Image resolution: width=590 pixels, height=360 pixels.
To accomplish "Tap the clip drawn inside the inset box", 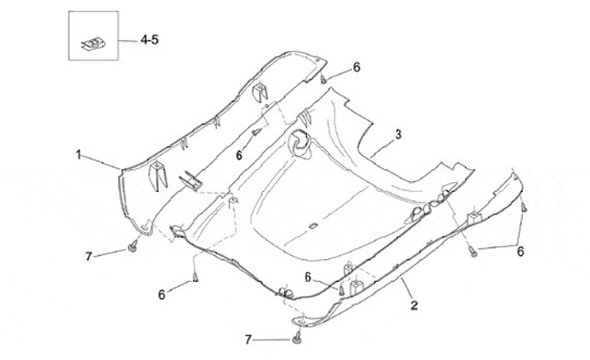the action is point(92,40).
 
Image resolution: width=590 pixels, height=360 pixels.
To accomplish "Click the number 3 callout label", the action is point(397,134).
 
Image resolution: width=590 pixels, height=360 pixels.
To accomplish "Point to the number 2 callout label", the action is point(414,305).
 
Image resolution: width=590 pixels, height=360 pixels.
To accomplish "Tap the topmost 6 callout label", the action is point(356,66).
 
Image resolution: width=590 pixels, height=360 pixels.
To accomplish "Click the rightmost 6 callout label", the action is point(520,252).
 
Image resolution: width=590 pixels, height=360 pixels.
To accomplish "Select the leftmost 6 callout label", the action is point(161,293).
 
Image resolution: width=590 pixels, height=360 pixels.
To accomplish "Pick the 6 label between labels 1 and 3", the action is point(238,154).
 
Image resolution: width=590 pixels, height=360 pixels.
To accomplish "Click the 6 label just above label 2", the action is point(308,276).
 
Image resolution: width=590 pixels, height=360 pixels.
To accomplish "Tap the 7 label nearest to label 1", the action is point(88,257).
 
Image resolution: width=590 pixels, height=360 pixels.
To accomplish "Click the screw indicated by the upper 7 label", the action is point(132,247).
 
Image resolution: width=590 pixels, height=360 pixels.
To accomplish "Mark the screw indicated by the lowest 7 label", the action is point(296,338).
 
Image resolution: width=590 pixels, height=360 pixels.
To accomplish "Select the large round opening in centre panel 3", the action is point(300,144).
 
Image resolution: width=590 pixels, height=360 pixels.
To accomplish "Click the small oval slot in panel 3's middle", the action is point(312,224).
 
